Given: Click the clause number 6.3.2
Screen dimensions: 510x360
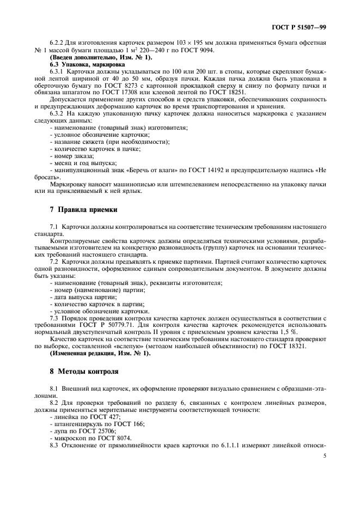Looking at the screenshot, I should click(x=58, y=114).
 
